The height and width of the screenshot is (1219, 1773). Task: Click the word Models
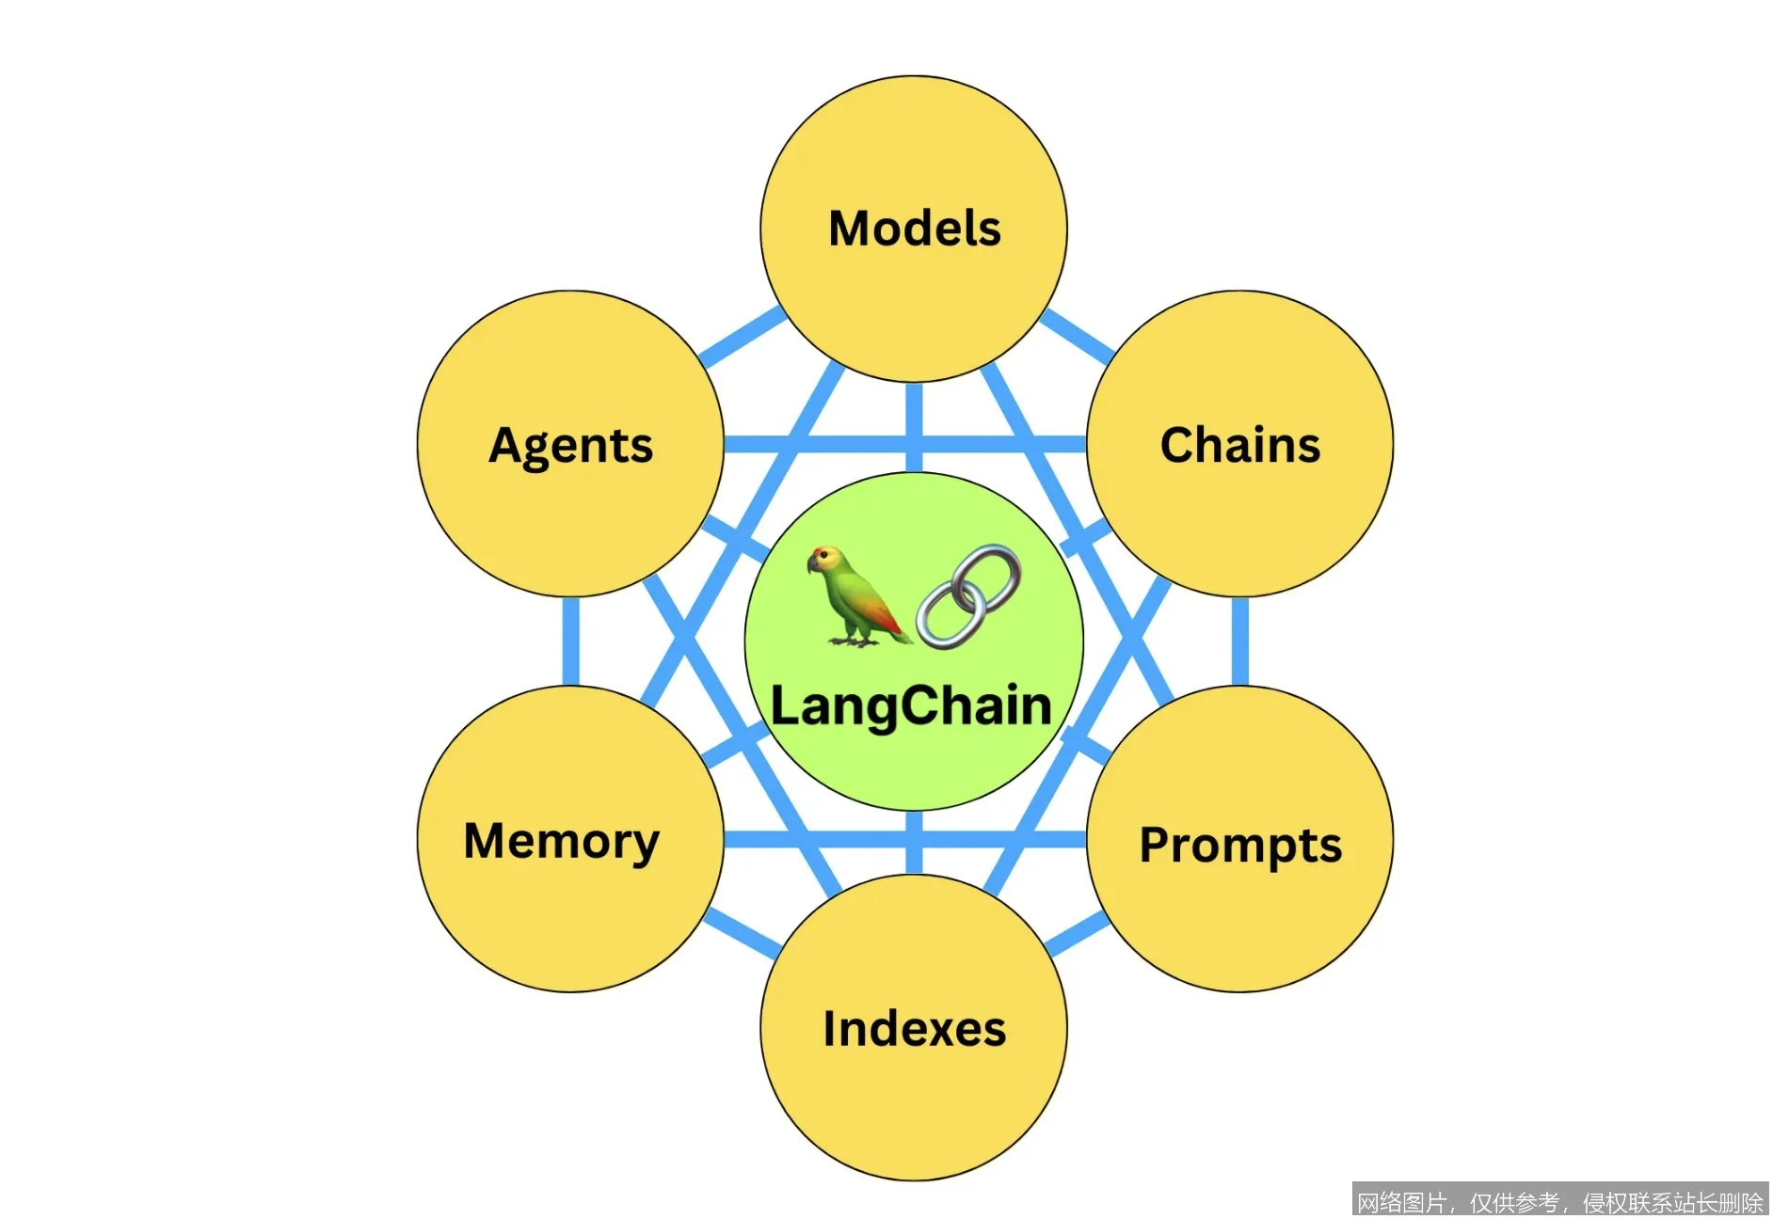tap(914, 229)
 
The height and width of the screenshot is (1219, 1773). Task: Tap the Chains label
tap(1239, 445)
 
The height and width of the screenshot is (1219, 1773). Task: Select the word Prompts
tap(1239, 845)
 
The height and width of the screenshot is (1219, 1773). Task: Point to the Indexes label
tap(914, 1028)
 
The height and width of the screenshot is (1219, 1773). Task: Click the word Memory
tap(562, 841)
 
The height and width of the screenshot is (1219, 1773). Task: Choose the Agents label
tap(570, 445)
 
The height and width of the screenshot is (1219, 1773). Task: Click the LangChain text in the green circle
tap(911, 705)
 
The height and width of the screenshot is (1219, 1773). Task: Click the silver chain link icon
tap(968, 596)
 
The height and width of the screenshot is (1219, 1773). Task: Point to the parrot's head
tap(825, 561)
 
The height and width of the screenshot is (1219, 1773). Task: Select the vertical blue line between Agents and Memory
tap(570, 641)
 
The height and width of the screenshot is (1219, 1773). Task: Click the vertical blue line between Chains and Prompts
tap(1240, 641)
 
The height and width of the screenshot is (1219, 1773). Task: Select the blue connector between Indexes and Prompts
tap(1078, 935)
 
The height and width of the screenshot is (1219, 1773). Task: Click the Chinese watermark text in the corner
tap(1559, 1202)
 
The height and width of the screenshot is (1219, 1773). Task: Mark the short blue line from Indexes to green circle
tap(914, 843)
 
